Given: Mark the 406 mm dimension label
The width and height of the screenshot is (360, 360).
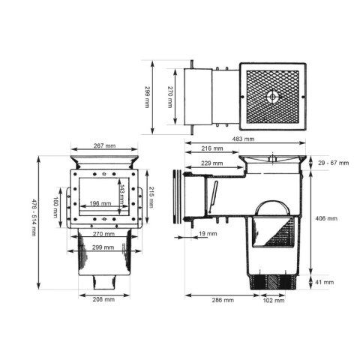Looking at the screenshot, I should coord(328,219).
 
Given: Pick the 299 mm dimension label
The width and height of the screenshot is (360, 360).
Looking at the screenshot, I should coord(103,247).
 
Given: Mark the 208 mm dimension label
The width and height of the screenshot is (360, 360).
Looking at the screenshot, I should coord(103,300).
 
